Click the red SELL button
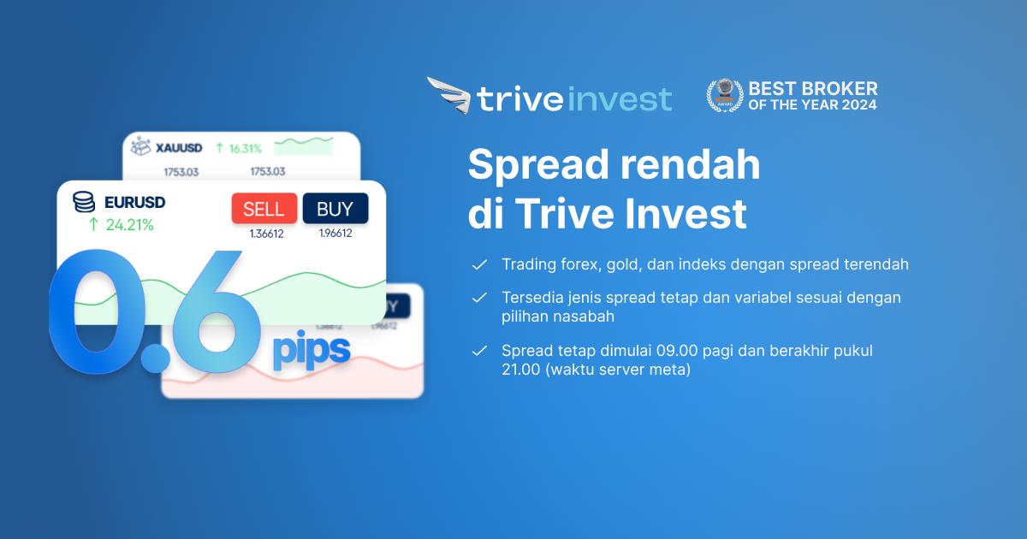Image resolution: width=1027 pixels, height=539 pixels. tap(264, 209)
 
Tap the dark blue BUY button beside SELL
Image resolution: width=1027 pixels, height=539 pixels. tap(335, 209)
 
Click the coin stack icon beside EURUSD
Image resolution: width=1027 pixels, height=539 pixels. tap(84, 203)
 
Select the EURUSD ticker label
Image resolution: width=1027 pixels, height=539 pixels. tap(134, 203)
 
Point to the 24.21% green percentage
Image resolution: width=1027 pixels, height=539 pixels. tap(129, 225)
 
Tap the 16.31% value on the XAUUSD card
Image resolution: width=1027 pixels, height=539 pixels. tap(245, 148)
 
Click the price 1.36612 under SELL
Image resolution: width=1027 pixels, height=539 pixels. tap(266, 234)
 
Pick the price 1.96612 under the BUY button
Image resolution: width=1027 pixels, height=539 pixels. tap(335, 234)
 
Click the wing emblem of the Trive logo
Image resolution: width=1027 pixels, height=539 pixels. tap(448, 95)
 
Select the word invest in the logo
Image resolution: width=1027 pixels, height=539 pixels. tap(619, 98)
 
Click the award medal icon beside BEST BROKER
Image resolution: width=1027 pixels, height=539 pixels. tap(724, 95)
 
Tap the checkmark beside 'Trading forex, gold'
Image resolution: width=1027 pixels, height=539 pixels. tap(479, 264)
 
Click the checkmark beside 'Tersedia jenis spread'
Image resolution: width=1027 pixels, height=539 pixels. tap(479, 298)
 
